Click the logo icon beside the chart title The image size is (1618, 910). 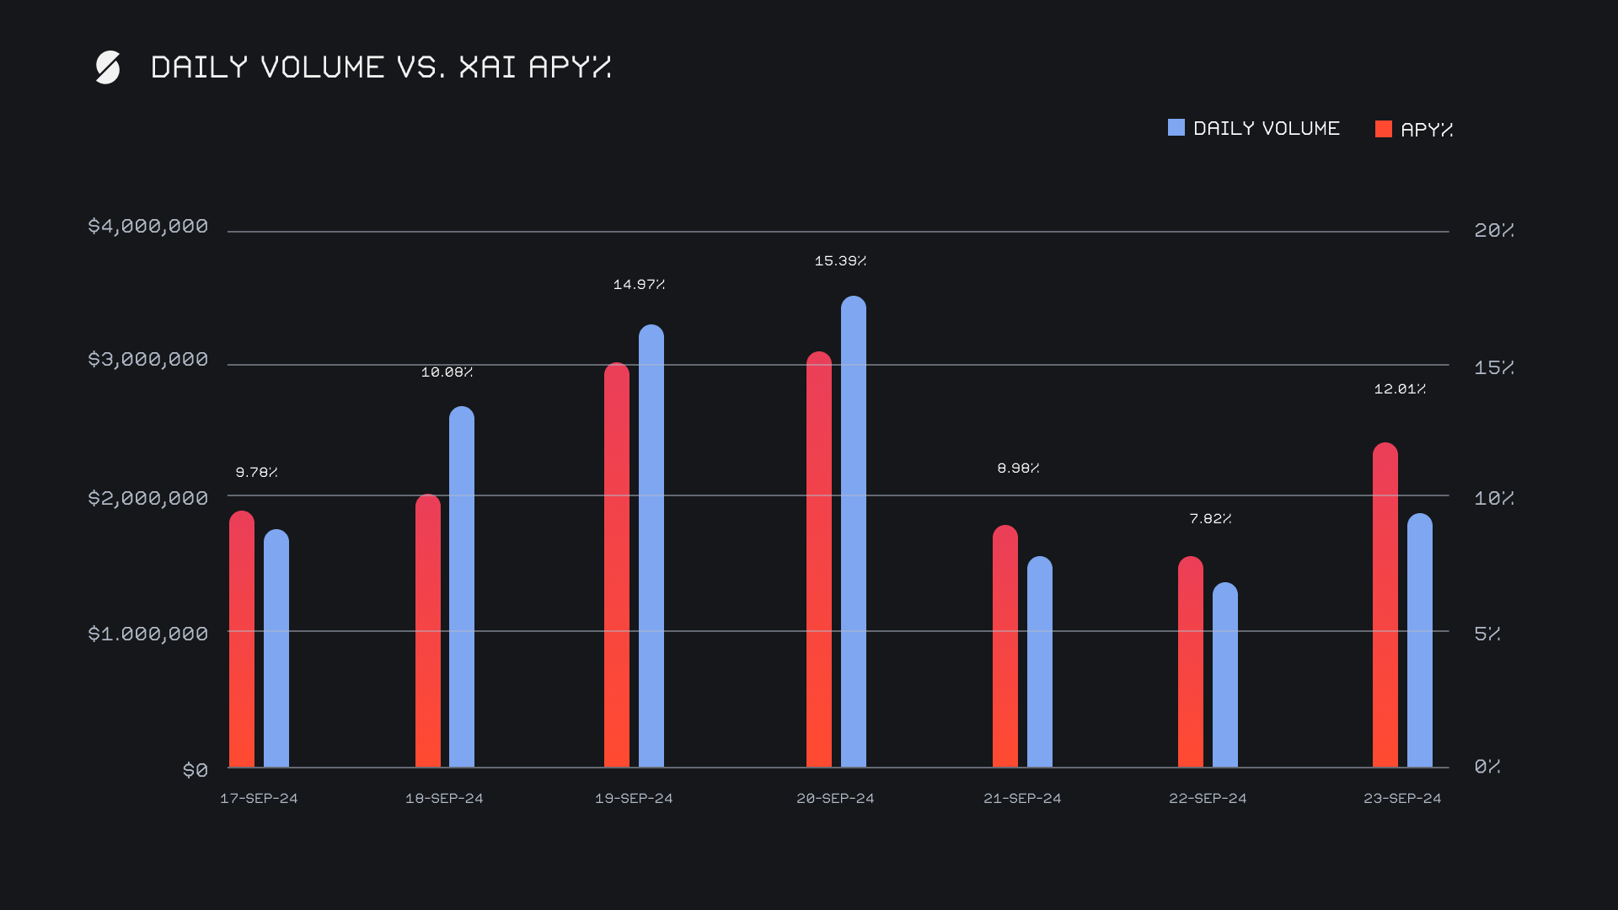point(108,67)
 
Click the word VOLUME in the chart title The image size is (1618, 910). point(322,67)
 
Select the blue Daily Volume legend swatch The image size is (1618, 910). point(1176,128)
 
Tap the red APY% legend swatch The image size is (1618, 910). point(1383,129)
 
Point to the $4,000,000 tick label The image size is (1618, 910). point(147,227)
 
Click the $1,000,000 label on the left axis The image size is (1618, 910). point(147,634)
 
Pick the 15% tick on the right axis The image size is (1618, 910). point(1493,367)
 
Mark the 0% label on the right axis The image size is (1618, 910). point(1487,766)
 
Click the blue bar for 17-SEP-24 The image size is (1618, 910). point(276,649)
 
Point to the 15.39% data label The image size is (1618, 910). point(840,261)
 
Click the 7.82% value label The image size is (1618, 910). point(1210,519)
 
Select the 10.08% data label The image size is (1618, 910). point(447,372)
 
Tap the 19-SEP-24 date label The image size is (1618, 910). point(634,798)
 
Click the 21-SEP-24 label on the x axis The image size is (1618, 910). point(1022,798)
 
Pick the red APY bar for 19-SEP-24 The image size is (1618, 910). point(617,565)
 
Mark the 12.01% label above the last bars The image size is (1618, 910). point(1400,389)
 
